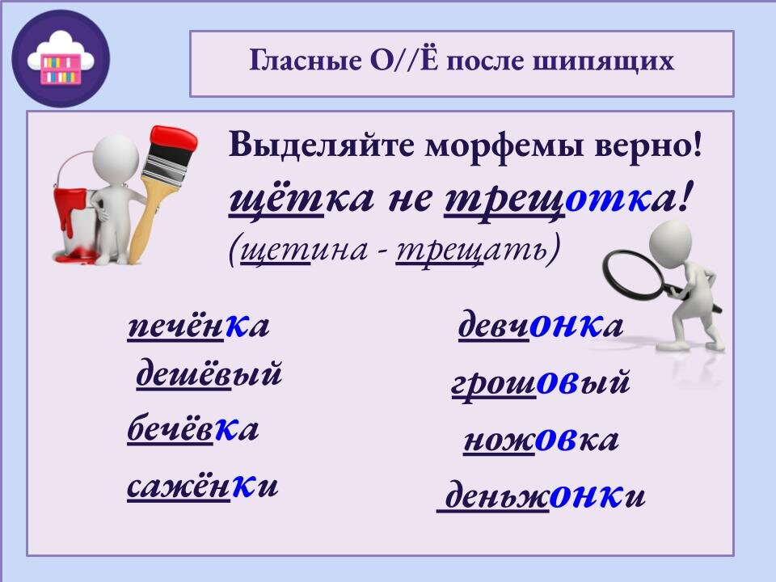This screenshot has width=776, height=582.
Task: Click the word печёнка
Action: (198, 327)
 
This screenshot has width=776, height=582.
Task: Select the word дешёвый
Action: (209, 375)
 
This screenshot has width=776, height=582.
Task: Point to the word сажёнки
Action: (202, 487)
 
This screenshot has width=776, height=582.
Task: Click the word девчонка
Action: (541, 326)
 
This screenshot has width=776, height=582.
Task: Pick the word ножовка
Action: (540, 441)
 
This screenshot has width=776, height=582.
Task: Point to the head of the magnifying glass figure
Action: (675, 242)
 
